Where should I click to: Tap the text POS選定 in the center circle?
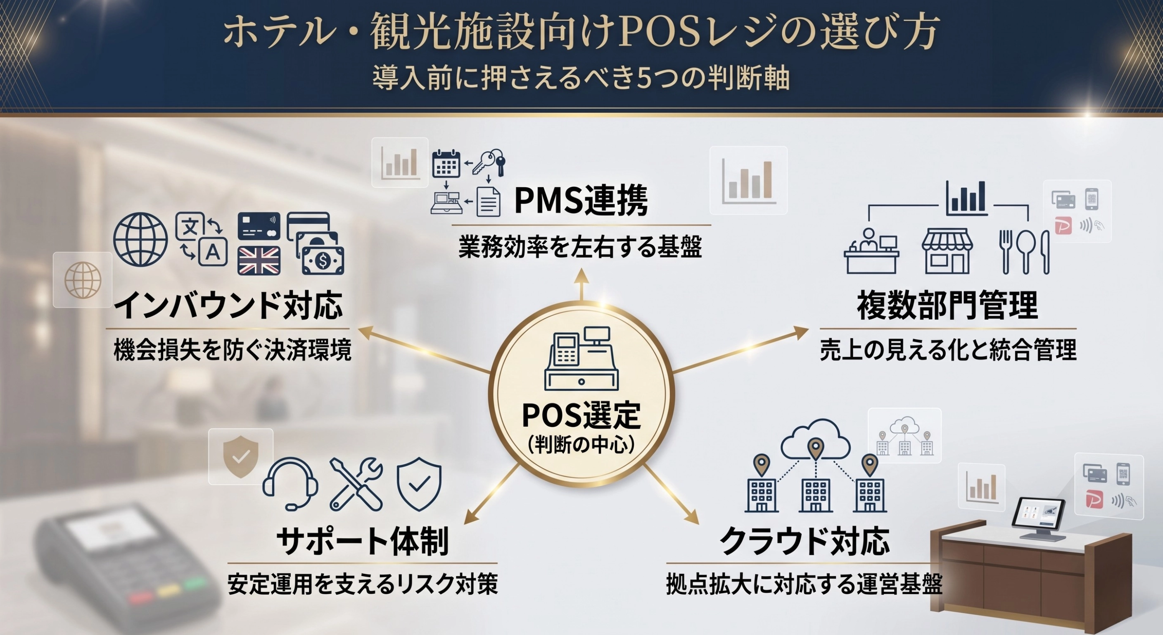coord(581,415)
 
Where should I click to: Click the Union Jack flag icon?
coord(259,261)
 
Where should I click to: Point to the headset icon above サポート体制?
coord(290,484)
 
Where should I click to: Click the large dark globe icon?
coord(140,239)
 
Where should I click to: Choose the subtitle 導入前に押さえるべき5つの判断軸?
coord(581,78)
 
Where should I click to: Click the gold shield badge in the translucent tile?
coord(241,456)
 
